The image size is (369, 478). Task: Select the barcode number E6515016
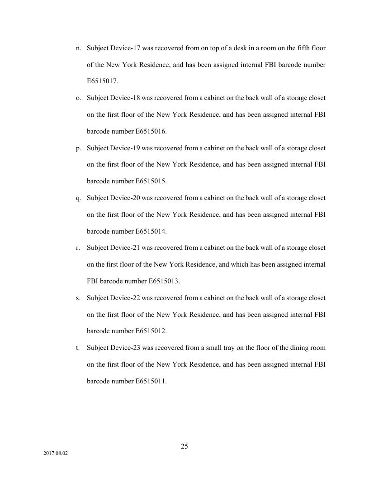click(x=151, y=131)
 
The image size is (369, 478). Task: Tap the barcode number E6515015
click(x=151, y=181)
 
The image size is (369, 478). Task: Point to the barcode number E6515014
click(x=151, y=231)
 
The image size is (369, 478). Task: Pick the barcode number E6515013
click(x=164, y=281)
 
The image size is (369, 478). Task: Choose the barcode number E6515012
click(x=151, y=331)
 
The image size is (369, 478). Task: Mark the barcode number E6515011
click(x=151, y=381)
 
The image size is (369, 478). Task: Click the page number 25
click(x=184, y=446)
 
